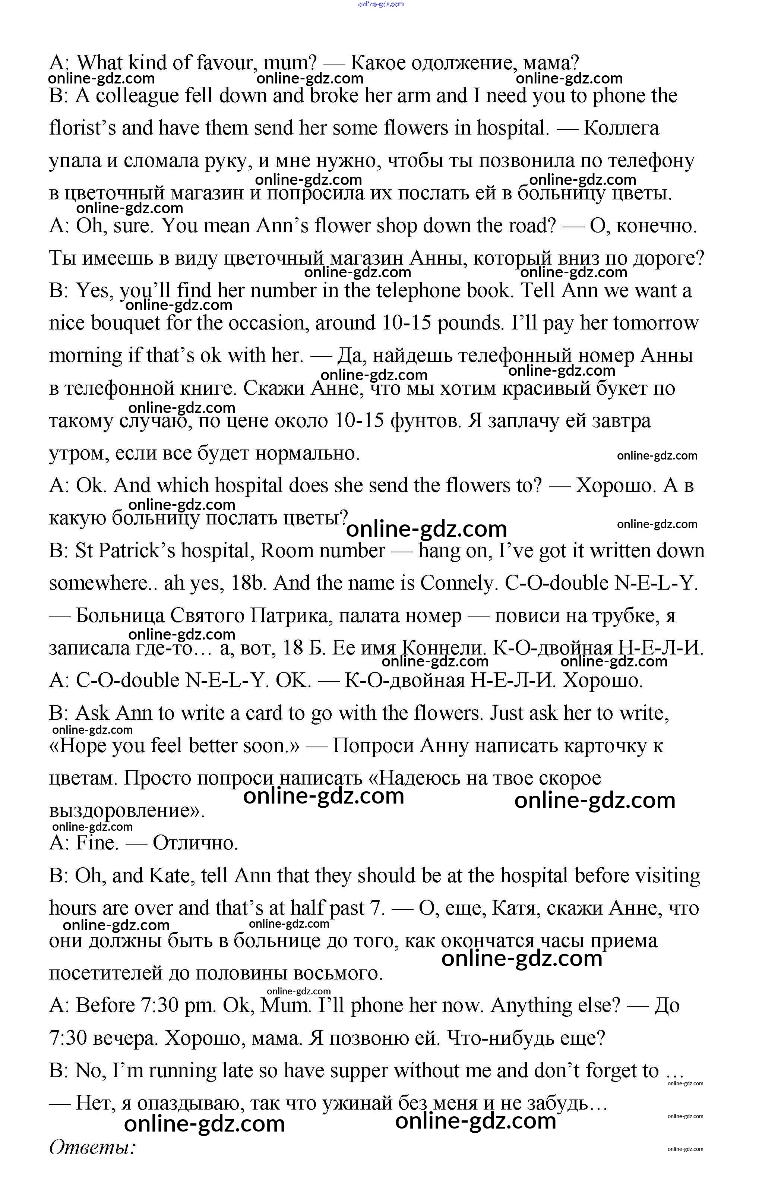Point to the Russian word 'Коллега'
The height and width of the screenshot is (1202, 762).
pyautogui.click(x=621, y=128)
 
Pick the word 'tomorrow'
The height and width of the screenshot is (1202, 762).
pyautogui.click(x=656, y=324)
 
